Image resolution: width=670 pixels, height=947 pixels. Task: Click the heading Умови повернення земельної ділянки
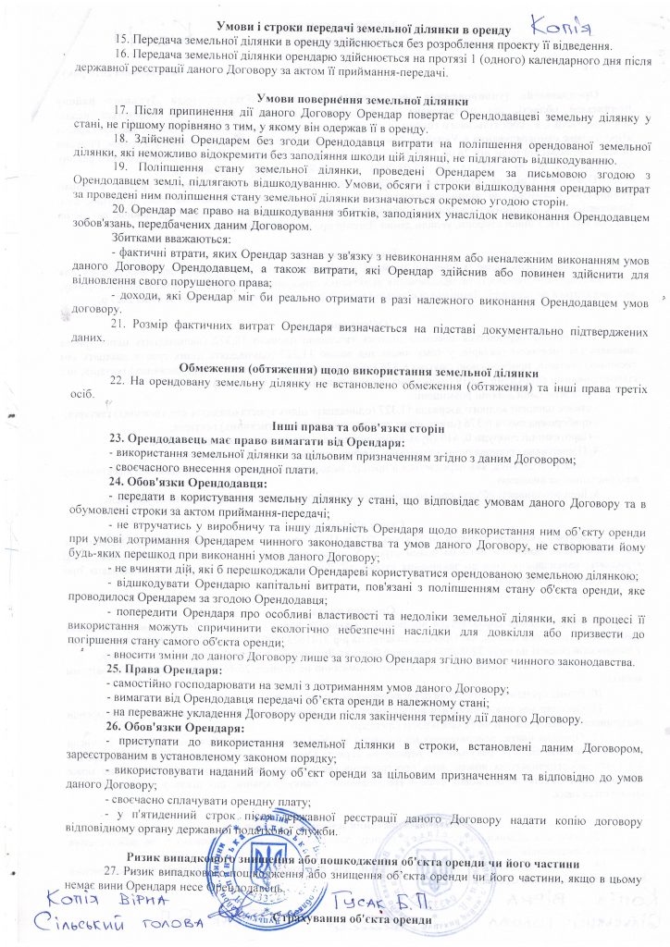click(335, 99)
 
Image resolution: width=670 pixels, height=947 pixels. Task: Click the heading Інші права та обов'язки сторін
click(335, 427)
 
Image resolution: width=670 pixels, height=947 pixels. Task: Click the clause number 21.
click(118, 325)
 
